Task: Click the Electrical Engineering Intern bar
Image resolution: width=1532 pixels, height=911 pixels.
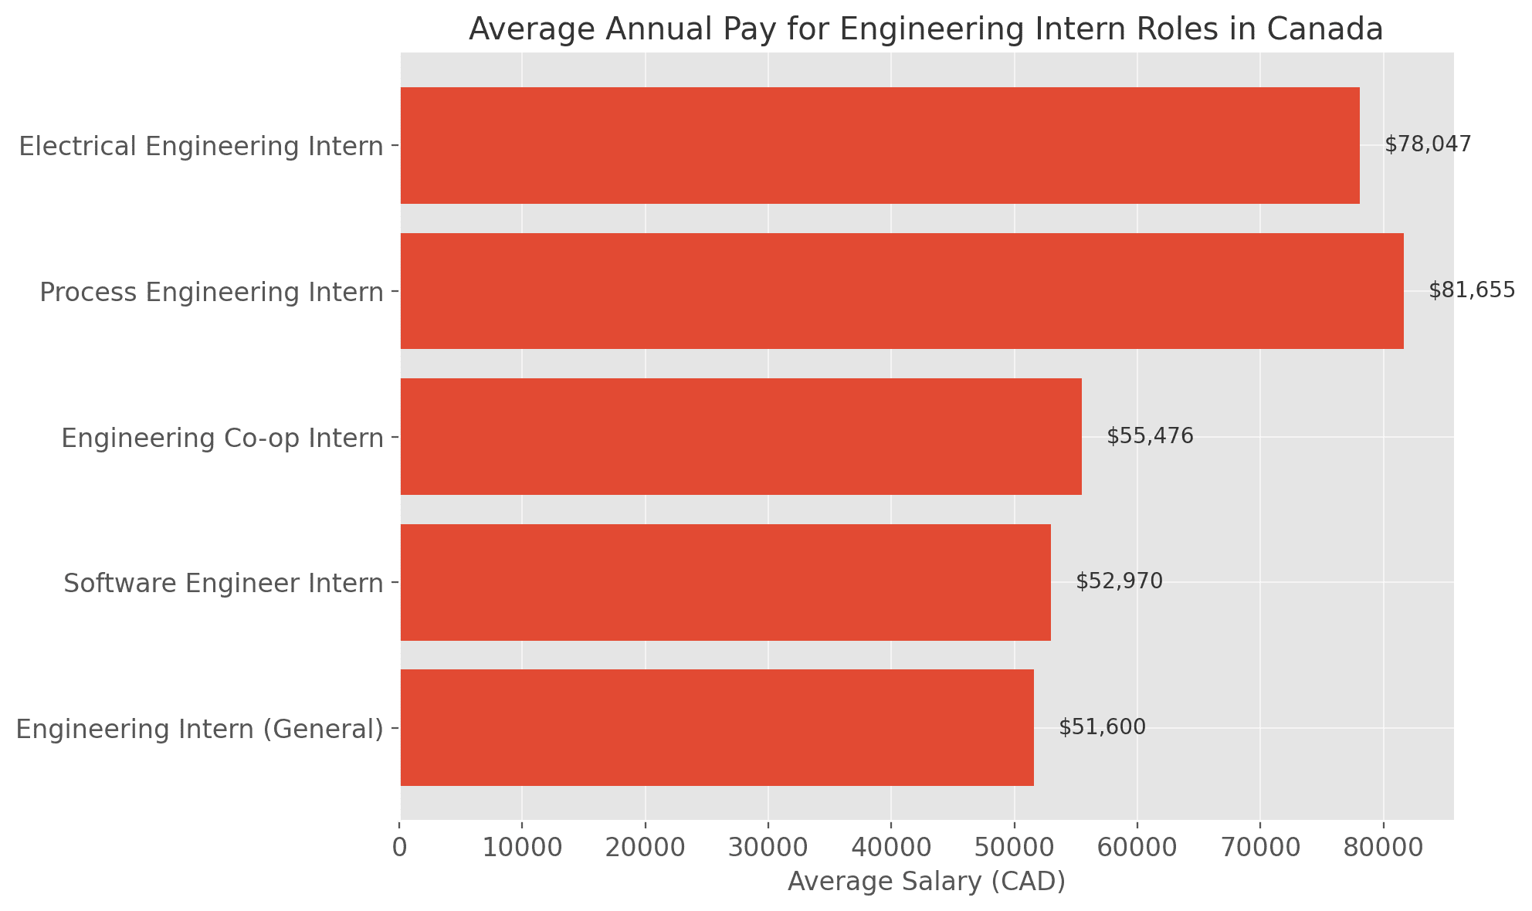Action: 880,145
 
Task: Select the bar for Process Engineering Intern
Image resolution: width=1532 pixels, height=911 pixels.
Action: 902,291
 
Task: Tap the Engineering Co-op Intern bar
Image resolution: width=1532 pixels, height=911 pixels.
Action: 741,436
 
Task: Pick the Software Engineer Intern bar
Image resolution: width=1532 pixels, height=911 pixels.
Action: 725,582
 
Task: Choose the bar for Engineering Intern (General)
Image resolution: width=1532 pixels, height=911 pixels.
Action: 717,727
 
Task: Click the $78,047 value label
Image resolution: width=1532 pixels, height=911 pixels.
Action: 1428,144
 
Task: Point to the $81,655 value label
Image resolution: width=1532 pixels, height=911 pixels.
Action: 1472,290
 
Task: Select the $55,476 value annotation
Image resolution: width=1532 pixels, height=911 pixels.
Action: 1150,436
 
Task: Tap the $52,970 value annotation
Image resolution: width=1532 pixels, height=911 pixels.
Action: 1119,581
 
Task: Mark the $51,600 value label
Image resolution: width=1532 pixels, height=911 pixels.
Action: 1102,727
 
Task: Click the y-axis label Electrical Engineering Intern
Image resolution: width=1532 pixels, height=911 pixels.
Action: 201,146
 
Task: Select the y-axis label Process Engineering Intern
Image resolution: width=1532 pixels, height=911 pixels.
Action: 212,292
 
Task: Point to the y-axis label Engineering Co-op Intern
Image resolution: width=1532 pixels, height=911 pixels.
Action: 222,438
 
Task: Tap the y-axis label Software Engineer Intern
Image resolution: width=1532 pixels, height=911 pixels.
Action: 223,583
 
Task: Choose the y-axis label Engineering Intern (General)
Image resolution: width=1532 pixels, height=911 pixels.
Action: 199,729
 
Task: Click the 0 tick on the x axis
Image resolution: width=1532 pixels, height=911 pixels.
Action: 400,847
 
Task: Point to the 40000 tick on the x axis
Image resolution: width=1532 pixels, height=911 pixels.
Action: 891,847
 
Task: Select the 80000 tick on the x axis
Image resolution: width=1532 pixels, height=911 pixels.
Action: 1383,847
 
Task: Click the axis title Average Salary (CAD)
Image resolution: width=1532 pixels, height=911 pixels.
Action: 927,882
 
